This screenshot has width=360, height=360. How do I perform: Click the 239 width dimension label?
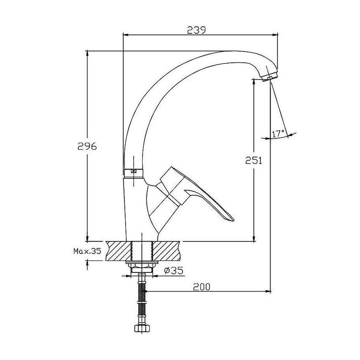(196, 30)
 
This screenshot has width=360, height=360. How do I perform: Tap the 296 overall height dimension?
(87, 146)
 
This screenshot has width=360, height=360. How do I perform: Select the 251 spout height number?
(254, 160)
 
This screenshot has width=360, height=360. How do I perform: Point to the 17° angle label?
(278, 134)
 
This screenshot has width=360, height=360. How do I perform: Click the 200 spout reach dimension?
(202, 286)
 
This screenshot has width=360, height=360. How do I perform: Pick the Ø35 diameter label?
(174, 271)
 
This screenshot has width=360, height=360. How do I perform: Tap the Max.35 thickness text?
(87, 251)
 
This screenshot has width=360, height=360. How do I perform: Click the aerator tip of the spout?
(270, 78)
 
